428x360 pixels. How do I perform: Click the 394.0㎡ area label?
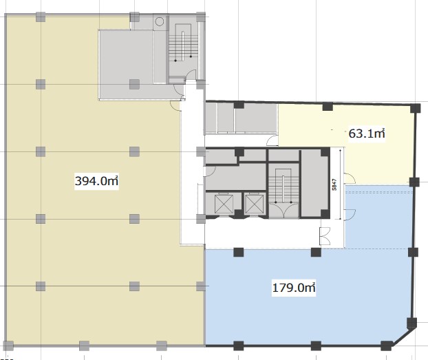point(96,181)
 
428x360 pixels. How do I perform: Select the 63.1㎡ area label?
point(367,134)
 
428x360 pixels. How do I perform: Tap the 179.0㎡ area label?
point(294,288)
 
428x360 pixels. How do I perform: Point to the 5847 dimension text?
point(334,184)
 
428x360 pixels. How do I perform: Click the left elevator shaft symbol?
point(224,204)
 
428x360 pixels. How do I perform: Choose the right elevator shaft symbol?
point(254,204)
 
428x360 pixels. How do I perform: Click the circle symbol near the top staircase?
point(160,21)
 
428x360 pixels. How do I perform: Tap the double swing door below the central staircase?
point(283,210)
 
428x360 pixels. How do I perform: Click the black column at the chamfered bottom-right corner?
point(386,346)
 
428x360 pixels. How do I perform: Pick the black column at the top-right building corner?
point(416,108)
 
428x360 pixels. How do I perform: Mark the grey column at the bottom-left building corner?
point(8,346)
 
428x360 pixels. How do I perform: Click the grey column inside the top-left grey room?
point(134,84)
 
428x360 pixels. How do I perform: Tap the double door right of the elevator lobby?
point(325,236)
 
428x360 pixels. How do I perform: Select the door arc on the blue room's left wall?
point(350,215)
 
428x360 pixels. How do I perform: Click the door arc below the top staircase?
point(191,74)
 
